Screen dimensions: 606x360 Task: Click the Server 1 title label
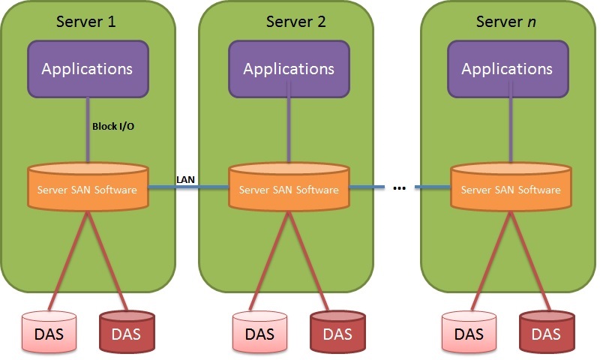click(85, 22)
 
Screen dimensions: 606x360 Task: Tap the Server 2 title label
click(295, 22)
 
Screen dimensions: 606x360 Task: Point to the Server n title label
click(506, 22)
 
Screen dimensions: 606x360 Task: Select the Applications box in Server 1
click(88, 69)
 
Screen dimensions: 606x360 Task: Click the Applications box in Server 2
click(289, 69)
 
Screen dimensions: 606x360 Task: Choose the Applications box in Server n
click(508, 69)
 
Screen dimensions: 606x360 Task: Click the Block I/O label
click(113, 127)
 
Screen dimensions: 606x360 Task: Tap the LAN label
click(185, 179)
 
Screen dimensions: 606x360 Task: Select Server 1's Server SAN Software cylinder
click(88, 187)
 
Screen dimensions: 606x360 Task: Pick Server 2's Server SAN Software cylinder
click(289, 187)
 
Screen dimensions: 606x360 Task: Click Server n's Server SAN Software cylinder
click(511, 187)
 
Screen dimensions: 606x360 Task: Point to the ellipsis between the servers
click(399, 188)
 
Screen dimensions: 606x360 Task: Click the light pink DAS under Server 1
click(49, 332)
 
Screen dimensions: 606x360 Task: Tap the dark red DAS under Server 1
click(127, 332)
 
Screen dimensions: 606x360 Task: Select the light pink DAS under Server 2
click(259, 332)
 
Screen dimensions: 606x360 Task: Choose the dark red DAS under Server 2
click(337, 332)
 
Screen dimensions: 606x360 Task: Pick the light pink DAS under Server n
click(469, 332)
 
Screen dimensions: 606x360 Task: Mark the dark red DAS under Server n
click(547, 332)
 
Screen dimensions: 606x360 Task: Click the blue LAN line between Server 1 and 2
click(188, 187)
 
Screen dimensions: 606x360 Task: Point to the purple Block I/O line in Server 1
click(88, 130)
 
